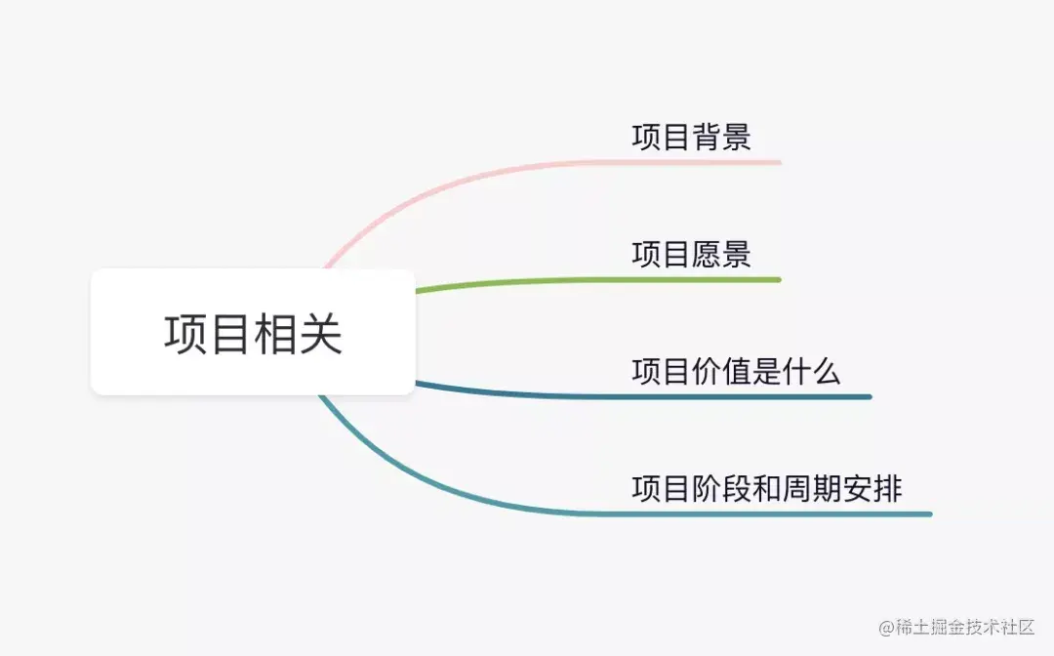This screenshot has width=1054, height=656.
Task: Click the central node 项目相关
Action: tap(253, 333)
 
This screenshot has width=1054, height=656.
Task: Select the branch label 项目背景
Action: tap(691, 137)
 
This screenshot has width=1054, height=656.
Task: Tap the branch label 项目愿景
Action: tap(691, 254)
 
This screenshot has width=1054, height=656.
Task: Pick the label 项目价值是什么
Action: tap(736, 371)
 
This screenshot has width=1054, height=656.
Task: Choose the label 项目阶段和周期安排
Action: tap(766, 488)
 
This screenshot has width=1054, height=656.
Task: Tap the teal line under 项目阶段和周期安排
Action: tap(781, 513)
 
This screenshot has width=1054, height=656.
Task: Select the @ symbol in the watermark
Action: tap(886, 627)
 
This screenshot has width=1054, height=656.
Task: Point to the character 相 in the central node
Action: tap(275, 334)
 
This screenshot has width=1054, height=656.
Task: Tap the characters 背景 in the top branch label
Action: tap(721, 137)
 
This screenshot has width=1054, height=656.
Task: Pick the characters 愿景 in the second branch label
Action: tap(721, 254)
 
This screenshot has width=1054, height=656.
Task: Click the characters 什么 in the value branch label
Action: tap(811, 371)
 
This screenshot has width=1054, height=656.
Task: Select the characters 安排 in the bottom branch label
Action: tap(872, 488)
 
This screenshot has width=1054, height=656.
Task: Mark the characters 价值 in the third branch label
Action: tap(721, 371)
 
